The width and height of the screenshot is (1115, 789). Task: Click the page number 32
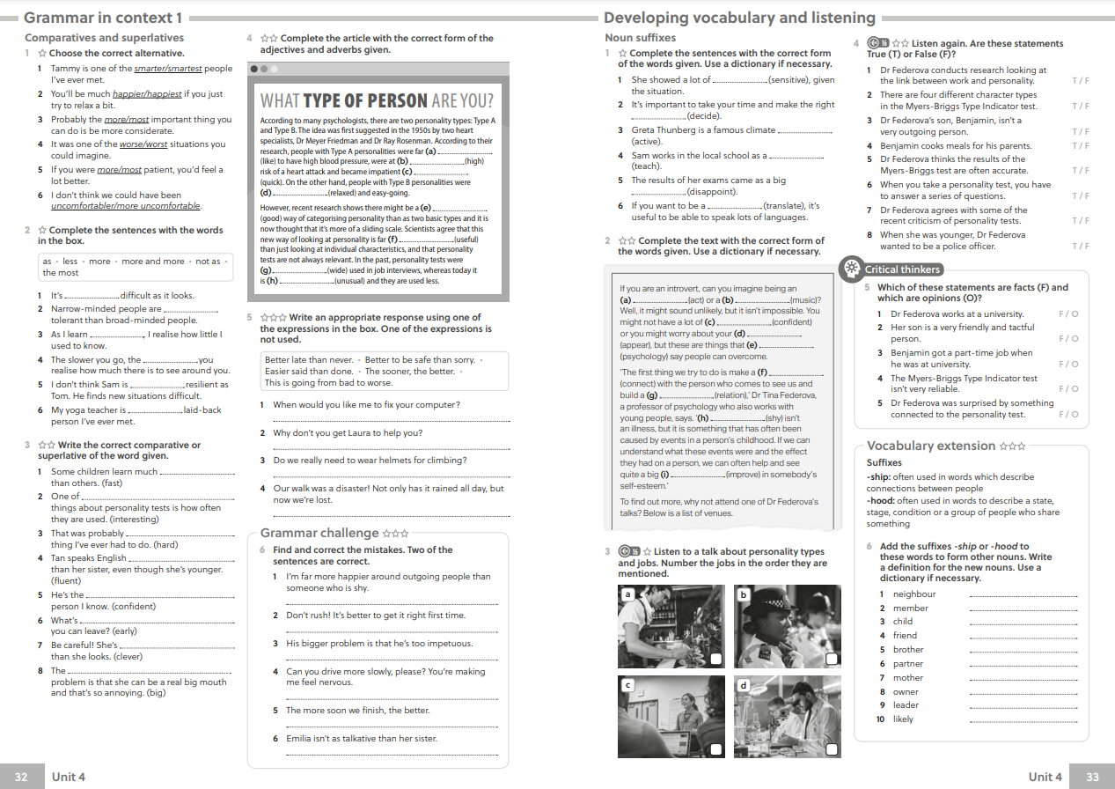[x=22, y=777]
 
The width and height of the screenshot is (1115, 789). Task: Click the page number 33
[x=1093, y=777]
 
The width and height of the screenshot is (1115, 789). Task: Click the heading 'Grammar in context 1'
[x=103, y=18]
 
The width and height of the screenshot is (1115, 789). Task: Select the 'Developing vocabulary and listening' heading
[x=739, y=18]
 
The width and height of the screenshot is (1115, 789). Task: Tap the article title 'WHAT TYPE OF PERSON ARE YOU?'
[x=377, y=100]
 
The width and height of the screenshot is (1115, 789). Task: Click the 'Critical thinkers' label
[x=902, y=269]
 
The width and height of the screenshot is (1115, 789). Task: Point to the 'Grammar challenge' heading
[x=319, y=533]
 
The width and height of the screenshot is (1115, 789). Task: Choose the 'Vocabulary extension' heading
[x=931, y=446]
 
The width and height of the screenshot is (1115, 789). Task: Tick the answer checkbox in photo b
[x=832, y=660]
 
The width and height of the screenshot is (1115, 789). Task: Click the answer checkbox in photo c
[x=717, y=749]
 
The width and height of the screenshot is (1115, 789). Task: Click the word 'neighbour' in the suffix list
[x=913, y=594]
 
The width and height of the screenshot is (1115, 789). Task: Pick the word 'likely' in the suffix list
[x=903, y=719]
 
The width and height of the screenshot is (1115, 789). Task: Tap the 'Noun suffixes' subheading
[x=640, y=38]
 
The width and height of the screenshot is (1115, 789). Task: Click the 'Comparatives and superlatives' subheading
[x=104, y=38]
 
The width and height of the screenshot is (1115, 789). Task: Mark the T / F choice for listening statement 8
[x=1080, y=247]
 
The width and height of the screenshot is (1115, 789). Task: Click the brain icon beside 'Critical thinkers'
[x=851, y=269]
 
